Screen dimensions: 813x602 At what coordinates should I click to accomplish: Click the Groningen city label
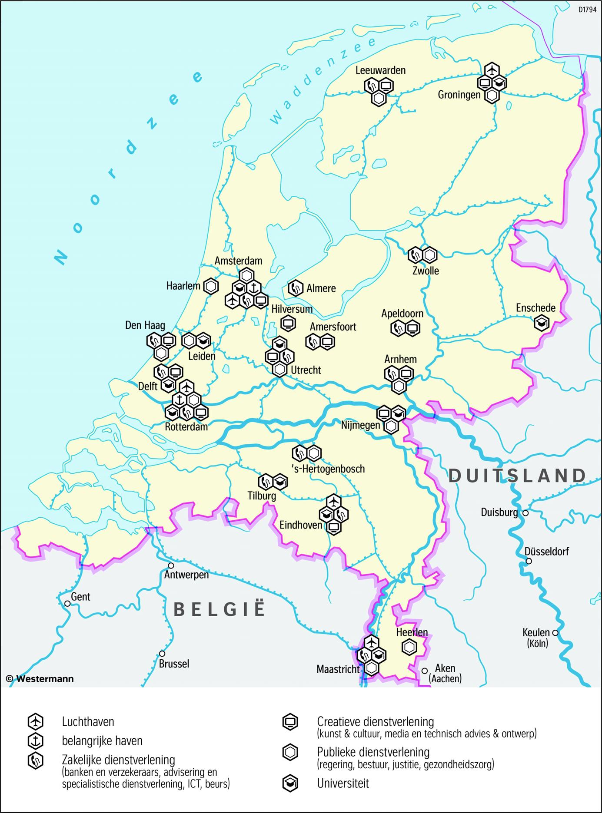pos(459,95)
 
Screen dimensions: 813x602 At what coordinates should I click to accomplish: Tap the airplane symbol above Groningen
pos(492,69)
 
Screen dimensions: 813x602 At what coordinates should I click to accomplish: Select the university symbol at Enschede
pos(542,323)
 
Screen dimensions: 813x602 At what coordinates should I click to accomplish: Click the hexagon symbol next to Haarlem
pos(211,286)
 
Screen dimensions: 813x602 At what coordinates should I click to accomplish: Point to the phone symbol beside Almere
pos(296,288)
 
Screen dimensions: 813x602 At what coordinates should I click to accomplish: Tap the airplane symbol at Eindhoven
pos(333,502)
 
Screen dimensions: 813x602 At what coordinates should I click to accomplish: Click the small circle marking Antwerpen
pos(171,566)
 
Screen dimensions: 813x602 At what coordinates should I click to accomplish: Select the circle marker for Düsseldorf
pos(529,561)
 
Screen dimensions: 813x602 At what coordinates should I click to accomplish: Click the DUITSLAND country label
pos(517,476)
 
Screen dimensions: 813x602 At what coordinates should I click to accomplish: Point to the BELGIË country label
pos(219,610)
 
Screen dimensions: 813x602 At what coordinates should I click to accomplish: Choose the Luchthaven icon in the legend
pos(35,721)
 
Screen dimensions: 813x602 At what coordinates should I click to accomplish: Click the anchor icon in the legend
pos(35,740)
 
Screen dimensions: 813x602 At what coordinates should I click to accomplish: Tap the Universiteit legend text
pos(343,783)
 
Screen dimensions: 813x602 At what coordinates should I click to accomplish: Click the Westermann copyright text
pos(40,679)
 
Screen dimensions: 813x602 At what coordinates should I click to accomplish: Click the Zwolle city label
pos(426,271)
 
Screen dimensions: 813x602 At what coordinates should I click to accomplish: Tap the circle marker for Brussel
pos(162,653)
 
